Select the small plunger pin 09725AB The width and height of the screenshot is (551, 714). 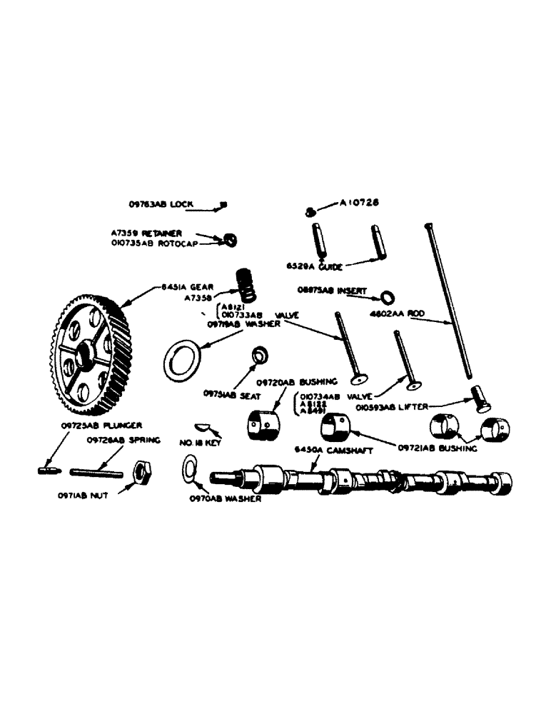[x=46, y=471]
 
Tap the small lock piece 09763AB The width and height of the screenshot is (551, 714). [x=223, y=205]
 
